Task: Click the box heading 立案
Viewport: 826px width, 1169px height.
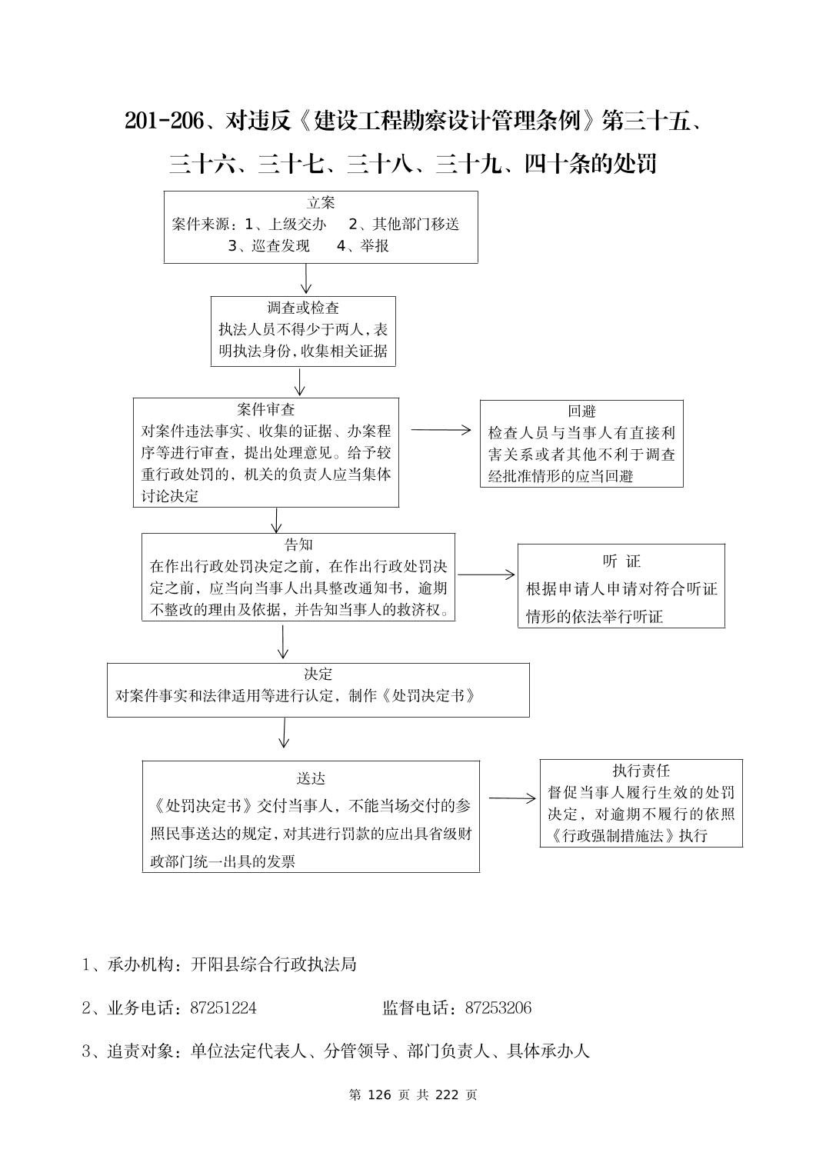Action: pos(321,203)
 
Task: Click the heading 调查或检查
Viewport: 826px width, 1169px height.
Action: pos(303,308)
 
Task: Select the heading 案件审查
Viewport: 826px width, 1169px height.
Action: pos(266,410)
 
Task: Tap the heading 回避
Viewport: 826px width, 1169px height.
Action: pos(581,411)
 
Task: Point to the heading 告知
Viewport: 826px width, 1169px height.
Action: pos(298,545)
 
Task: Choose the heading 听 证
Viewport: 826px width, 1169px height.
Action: pos(621,561)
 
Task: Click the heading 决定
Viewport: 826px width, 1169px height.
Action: pos(318,674)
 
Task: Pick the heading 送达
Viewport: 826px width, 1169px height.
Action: pos(311,778)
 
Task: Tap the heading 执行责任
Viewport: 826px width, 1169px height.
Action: pos(641,771)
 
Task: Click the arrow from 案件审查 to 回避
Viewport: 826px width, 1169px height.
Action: pos(441,430)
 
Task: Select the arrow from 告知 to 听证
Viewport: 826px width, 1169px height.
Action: pos(486,575)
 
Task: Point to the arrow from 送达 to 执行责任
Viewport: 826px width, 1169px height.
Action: pos(512,798)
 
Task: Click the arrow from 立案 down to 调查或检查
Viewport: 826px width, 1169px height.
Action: pos(306,278)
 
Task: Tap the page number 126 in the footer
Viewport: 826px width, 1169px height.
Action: pos(381,1094)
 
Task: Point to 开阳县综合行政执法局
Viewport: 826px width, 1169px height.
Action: pos(274,964)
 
